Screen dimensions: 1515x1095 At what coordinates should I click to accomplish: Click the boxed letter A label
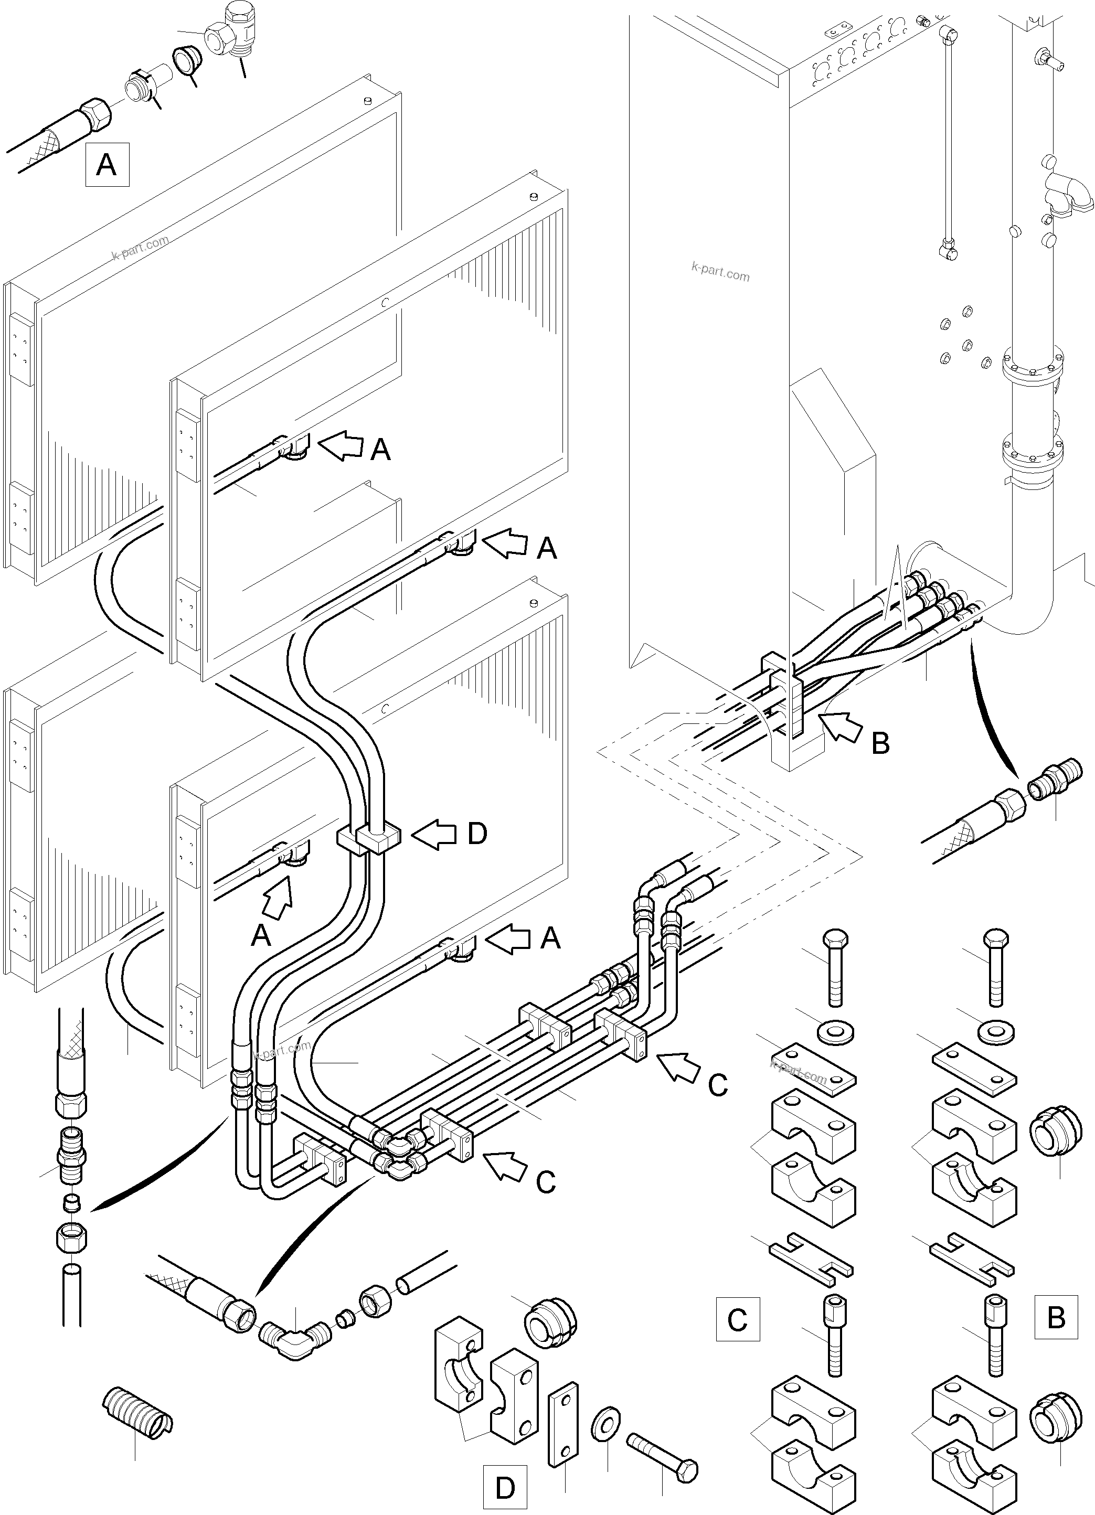click(107, 164)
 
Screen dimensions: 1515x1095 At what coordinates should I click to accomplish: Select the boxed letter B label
click(1056, 1317)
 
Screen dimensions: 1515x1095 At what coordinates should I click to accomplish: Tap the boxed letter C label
click(738, 1319)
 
